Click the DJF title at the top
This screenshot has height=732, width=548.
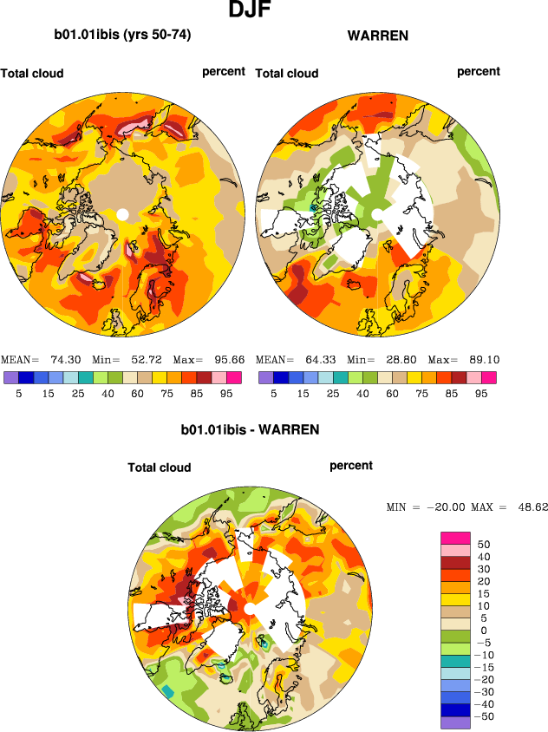[x=251, y=11]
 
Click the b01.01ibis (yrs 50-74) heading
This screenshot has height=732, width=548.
[x=122, y=36]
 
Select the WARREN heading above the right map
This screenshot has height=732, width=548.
[x=377, y=36]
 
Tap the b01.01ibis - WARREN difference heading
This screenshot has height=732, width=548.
[x=250, y=429]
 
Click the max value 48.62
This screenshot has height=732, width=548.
[x=530, y=507]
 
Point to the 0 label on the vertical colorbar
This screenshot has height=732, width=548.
[x=484, y=631]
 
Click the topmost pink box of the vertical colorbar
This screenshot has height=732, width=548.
[x=455, y=539]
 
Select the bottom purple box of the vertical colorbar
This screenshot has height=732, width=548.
[x=455, y=722]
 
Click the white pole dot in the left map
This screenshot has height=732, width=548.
[x=122, y=214]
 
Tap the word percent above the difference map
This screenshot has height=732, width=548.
[x=351, y=466]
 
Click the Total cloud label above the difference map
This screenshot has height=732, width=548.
[x=160, y=467]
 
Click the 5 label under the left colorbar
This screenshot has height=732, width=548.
[x=17, y=393]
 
